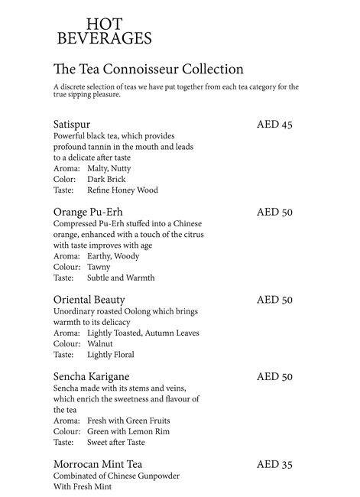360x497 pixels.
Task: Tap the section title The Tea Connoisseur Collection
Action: point(148,70)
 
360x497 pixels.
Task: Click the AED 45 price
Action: point(274,124)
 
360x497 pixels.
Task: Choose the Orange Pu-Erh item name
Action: point(89,212)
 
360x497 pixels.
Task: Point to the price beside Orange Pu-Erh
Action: point(274,212)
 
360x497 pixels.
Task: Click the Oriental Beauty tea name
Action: point(89,300)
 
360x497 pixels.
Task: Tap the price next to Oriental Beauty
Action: point(274,300)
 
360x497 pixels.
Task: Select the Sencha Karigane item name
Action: point(91,376)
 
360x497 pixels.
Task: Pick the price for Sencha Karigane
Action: point(274,376)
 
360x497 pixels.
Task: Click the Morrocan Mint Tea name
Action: point(98,464)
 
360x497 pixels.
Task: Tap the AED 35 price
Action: point(274,464)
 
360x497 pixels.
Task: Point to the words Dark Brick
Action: point(105,179)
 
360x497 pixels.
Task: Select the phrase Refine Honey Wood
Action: point(122,190)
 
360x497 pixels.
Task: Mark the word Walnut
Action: point(100,344)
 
